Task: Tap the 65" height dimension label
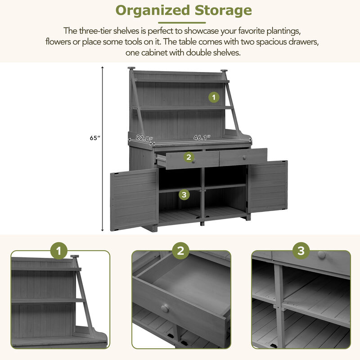[94, 139]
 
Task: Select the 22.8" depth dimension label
[144, 139]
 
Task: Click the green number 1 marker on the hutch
[214, 97]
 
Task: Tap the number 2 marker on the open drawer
[189, 157]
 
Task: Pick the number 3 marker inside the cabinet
[184, 194]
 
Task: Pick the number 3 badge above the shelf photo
[301, 251]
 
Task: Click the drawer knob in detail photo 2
[165, 308]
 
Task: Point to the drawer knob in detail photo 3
[322, 255]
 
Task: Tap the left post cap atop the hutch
[131, 69]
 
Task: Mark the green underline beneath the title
[183, 22]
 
